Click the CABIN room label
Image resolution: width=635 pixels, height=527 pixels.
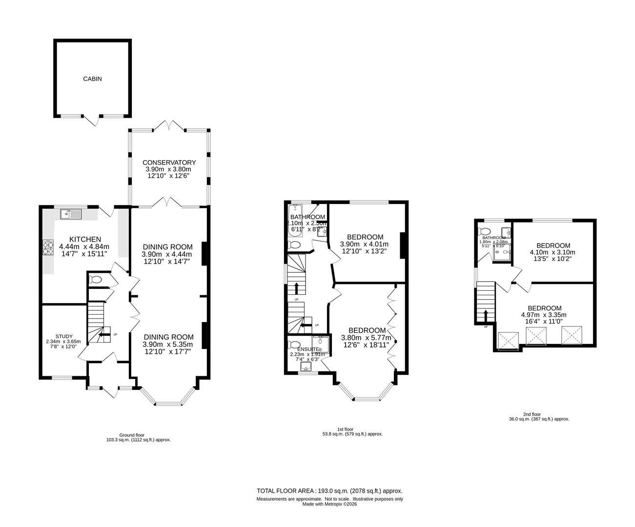tap(92, 79)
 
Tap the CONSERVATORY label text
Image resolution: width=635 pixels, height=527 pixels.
tap(169, 162)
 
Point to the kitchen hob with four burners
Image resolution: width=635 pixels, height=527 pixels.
tap(49, 248)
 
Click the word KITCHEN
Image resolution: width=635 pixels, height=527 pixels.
tap(85, 239)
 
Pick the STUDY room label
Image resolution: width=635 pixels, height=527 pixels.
tap(64, 336)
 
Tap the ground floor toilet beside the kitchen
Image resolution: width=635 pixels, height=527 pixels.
tap(96, 280)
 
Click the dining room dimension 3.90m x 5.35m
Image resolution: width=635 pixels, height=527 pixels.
tap(168, 345)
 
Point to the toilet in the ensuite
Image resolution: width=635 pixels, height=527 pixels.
tap(295, 344)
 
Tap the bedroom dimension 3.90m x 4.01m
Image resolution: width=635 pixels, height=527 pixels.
tap(364, 244)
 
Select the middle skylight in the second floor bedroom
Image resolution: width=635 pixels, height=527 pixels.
tap(536, 337)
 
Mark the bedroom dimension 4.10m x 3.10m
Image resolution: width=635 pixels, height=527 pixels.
tap(553, 252)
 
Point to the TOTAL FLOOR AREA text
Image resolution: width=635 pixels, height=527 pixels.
tap(329, 491)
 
